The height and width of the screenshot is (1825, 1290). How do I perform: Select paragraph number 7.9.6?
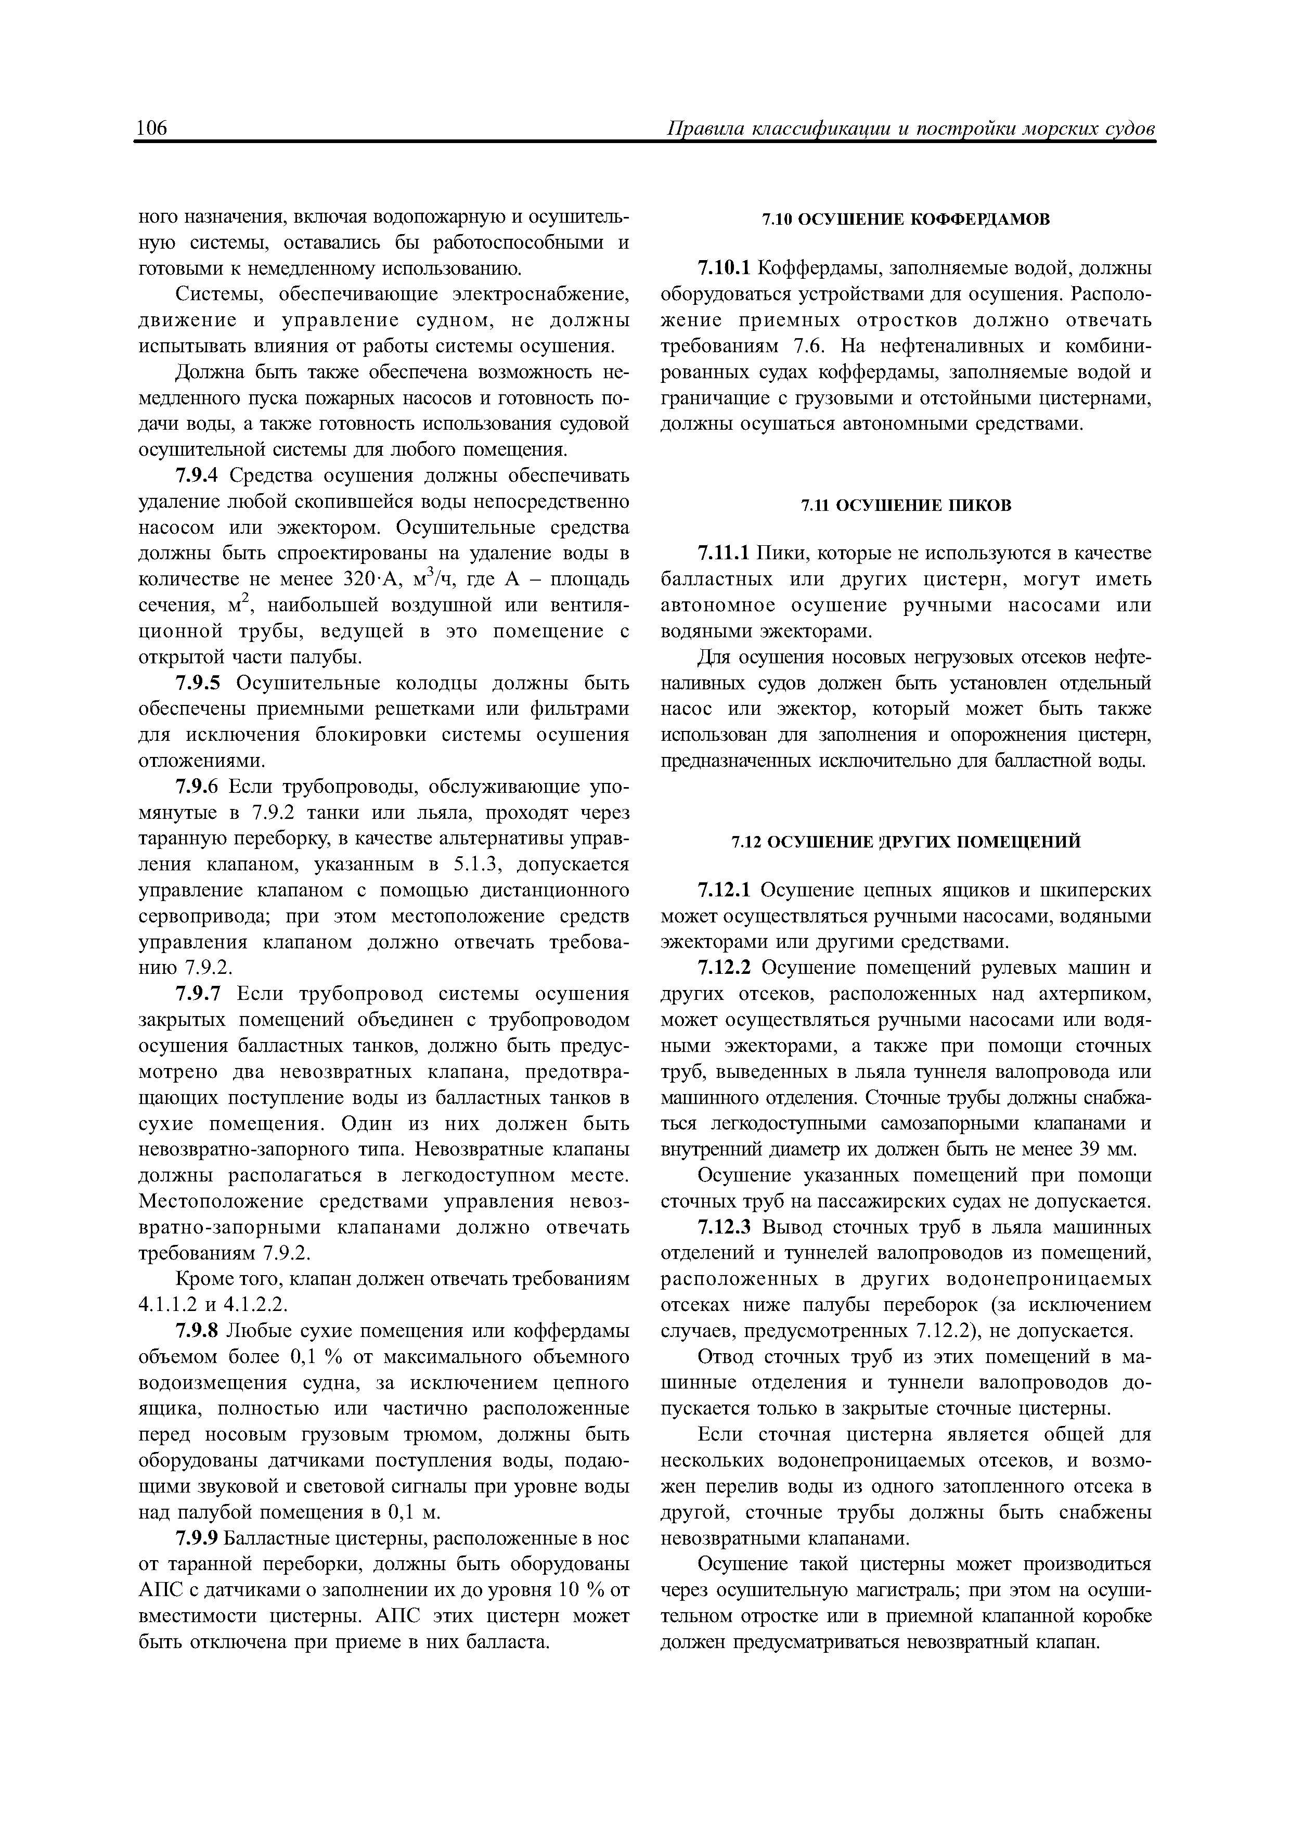click(198, 787)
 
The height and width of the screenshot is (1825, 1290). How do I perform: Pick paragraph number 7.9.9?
click(198, 1539)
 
